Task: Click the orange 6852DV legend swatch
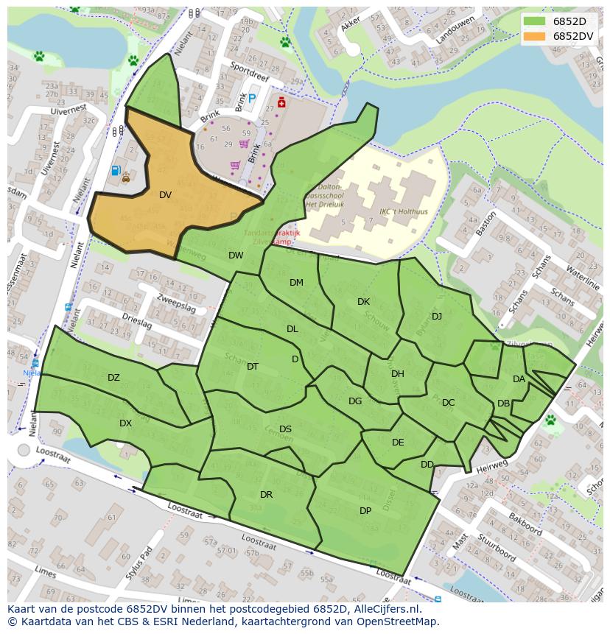(535, 36)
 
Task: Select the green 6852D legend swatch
(535, 21)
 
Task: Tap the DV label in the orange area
(165, 195)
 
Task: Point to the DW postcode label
(236, 256)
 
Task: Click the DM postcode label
(296, 283)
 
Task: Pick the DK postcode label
(363, 302)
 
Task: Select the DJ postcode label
(437, 317)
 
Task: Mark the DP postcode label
(365, 511)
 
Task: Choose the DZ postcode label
(113, 378)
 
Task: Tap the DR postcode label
(266, 495)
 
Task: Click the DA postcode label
(519, 379)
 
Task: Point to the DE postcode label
(398, 443)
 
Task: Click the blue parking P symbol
(252, 98)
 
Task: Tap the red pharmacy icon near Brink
(281, 102)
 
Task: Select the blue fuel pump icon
(115, 171)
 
